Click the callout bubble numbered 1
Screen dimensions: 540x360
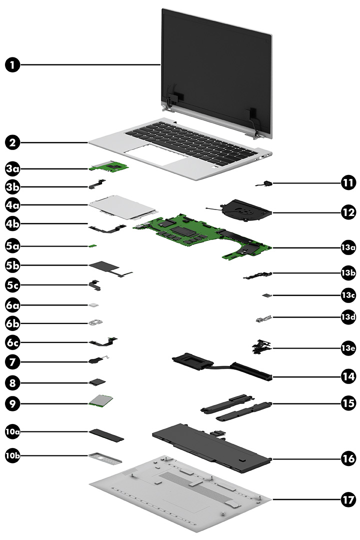pyautogui.click(x=14, y=64)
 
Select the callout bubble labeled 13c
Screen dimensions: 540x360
pyautogui.click(x=348, y=296)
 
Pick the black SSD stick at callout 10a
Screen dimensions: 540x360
pyautogui.click(x=106, y=432)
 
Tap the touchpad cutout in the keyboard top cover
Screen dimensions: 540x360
pyautogui.click(x=152, y=155)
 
